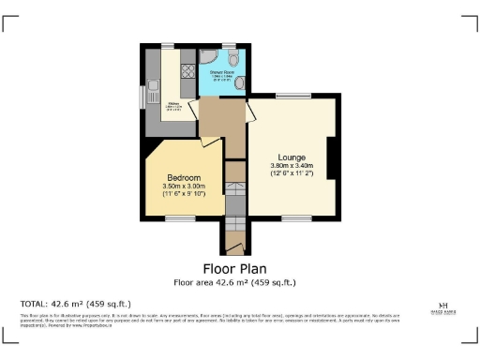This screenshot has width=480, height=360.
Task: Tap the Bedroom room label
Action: [x=184, y=177]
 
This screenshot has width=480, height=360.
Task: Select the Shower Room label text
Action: [x=221, y=71]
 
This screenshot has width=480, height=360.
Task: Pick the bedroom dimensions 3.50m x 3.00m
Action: [x=184, y=187]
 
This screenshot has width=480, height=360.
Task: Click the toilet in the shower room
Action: [x=232, y=58]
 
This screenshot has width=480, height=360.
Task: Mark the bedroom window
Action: [x=180, y=218]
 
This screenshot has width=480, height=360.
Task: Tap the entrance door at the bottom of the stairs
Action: [x=236, y=254]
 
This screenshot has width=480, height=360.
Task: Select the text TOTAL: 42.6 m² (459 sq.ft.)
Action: [x=76, y=304]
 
